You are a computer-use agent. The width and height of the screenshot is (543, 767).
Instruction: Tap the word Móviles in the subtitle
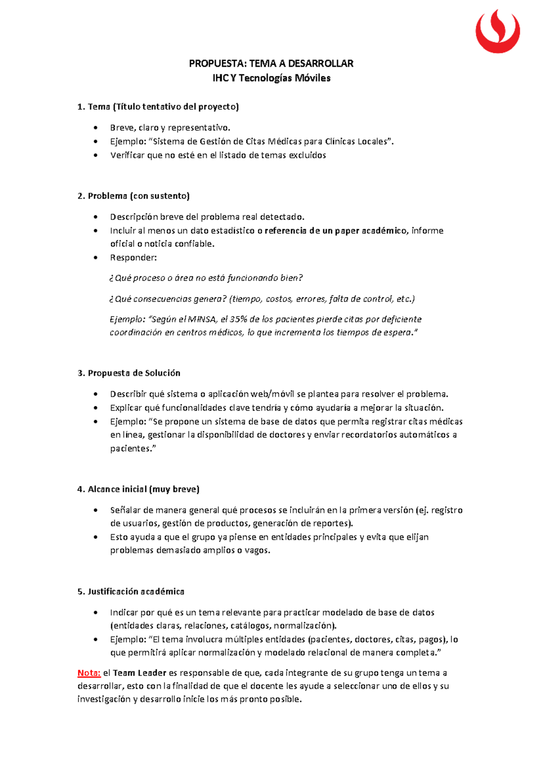click(313, 78)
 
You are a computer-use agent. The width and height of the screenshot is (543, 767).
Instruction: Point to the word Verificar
click(128, 156)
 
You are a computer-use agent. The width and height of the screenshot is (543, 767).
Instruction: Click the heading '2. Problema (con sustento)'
click(133, 196)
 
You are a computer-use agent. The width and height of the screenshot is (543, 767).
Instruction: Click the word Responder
click(133, 258)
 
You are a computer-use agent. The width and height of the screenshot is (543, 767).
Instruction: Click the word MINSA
click(202, 319)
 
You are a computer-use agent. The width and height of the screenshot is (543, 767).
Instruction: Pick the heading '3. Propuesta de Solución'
click(129, 373)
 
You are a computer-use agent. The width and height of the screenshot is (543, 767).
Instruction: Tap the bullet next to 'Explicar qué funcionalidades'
click(95, 408)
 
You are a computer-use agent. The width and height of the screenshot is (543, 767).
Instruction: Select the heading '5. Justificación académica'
click(131, 592)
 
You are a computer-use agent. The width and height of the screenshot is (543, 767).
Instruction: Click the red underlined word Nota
click(89, 673)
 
